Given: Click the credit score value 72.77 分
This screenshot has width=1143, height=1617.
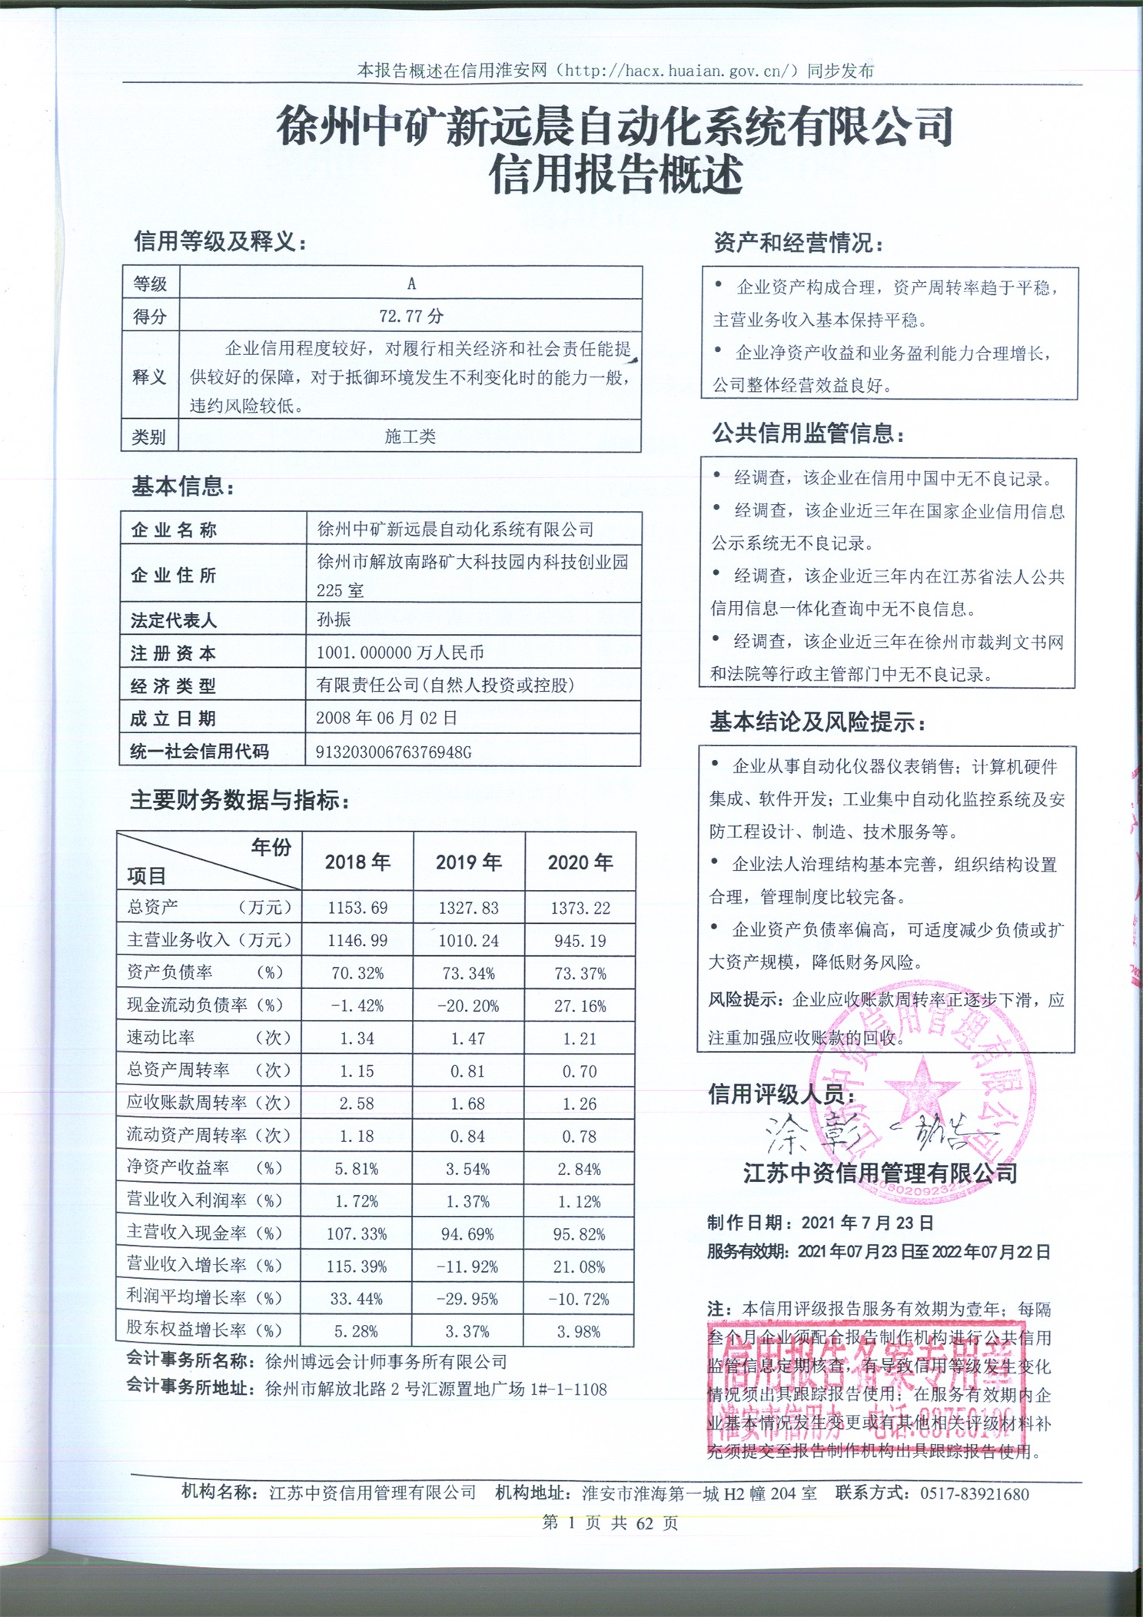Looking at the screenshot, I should point(411,316).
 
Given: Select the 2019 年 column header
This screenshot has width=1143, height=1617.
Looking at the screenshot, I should point(469,862).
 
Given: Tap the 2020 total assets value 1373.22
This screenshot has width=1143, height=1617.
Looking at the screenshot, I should point(580,908).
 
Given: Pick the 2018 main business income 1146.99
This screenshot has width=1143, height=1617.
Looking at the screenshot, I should point(357,940).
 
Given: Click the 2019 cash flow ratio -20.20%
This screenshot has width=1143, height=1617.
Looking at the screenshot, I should point(468,1005).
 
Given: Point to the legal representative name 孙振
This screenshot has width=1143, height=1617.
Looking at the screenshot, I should point(334,619).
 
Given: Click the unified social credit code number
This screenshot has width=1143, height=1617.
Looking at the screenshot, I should point(394,752).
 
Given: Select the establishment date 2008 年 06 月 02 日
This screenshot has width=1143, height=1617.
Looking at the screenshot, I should point(387,718).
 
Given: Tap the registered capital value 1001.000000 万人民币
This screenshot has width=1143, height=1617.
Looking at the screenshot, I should point(400,652).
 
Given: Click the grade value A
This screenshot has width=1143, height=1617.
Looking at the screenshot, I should point(411,284).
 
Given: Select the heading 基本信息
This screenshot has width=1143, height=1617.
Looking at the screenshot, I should point(183,486).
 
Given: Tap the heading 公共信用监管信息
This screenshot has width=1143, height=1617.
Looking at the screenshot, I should point(808,434).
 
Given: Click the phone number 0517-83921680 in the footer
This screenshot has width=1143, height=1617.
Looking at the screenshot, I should point(974,1493).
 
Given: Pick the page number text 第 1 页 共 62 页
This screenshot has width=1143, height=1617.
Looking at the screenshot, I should point(610,1522).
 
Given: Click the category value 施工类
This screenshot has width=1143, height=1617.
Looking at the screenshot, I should point(410,437).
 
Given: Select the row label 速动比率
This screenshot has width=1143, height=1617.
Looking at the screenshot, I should point(161,1038).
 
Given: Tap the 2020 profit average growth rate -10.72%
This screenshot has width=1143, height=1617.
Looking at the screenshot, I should point(579,1299).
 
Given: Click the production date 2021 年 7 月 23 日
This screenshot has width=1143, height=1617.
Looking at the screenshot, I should point(867,1222).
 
